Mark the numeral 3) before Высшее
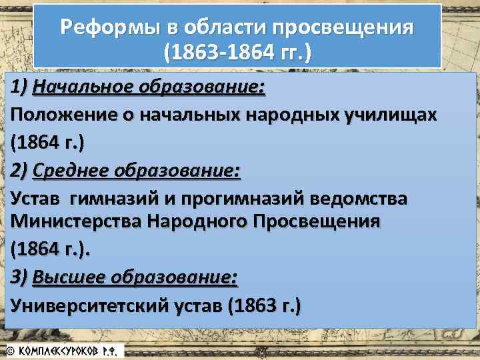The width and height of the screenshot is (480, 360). tap(20, 277)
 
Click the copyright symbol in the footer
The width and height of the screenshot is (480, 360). tap(10, 350)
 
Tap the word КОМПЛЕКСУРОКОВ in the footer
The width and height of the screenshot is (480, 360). tap(67, 350)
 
